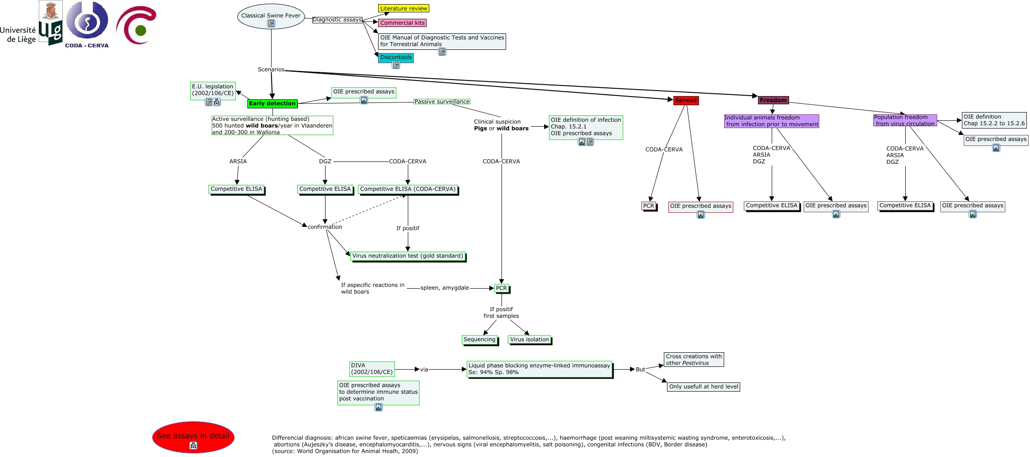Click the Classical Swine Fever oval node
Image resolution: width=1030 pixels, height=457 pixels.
(271, 16)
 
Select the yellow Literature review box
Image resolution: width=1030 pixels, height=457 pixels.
(403, 8)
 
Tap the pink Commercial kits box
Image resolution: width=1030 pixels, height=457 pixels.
(402, 23)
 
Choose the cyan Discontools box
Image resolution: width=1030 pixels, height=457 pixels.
(395, 58)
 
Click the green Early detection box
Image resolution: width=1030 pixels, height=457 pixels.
(272, 103)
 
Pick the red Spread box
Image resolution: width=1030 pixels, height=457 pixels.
(686, 100)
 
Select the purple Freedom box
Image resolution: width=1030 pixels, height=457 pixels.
(773, 100)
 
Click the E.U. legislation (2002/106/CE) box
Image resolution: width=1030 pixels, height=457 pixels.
(213, 90)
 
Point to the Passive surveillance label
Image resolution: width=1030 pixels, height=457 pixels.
(442, 102)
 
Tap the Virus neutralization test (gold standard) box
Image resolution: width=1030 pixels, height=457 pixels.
(407, 256)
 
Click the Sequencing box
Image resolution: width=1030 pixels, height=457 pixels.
(479, 339)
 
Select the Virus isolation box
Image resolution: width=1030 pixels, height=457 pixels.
(529, 339)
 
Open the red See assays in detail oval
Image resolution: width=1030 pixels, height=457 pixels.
(193, 436)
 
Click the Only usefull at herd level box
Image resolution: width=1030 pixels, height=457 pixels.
(703, 387)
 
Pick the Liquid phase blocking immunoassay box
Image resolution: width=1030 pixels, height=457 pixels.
(539, 369)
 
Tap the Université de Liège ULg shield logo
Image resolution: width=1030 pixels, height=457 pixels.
(50, 23)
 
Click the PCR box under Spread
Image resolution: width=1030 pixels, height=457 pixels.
(648, 206)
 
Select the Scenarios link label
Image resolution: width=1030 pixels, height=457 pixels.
(271, 70)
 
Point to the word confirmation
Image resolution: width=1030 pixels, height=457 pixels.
(325, 227)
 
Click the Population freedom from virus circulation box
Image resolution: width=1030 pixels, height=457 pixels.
(905, 120)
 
